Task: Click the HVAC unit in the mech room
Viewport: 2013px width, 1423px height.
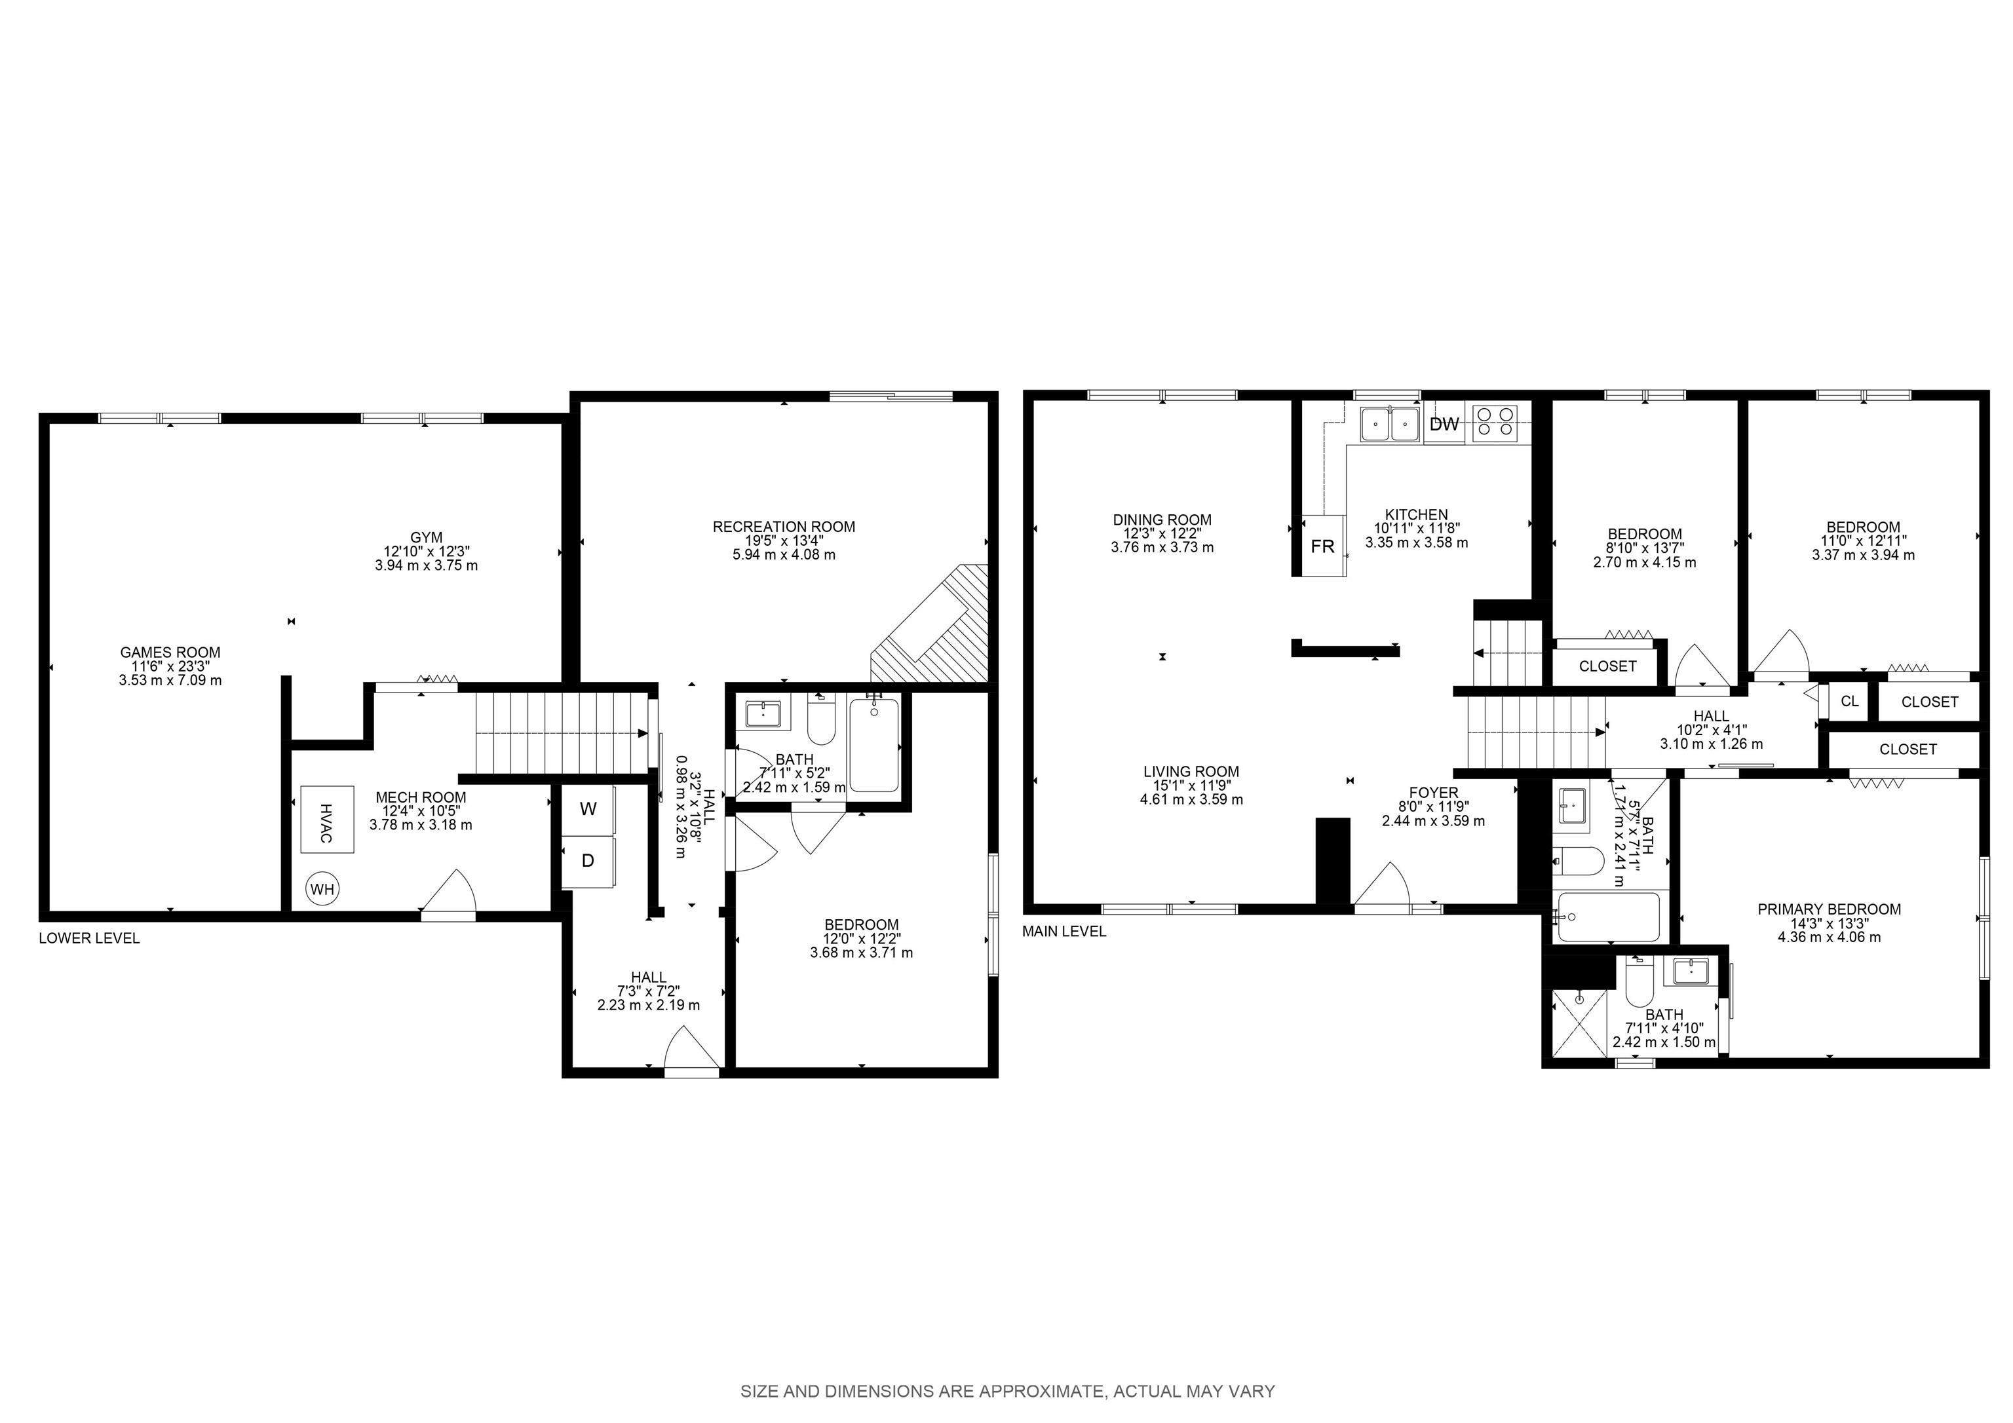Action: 328,819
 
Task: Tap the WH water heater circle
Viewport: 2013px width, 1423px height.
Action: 322,889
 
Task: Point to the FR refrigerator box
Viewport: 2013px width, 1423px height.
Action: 1322,546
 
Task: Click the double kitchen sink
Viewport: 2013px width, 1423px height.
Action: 1390,425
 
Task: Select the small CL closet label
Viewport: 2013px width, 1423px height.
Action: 1850,702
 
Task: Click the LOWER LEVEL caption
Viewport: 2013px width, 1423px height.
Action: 89,938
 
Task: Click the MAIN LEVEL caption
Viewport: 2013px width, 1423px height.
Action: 1064,931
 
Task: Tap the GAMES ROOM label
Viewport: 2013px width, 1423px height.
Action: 170,653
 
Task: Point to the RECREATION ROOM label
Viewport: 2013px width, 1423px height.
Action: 784,527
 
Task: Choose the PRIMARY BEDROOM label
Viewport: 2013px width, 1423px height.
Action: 1829,909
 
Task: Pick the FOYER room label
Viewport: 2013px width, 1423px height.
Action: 1434,793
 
